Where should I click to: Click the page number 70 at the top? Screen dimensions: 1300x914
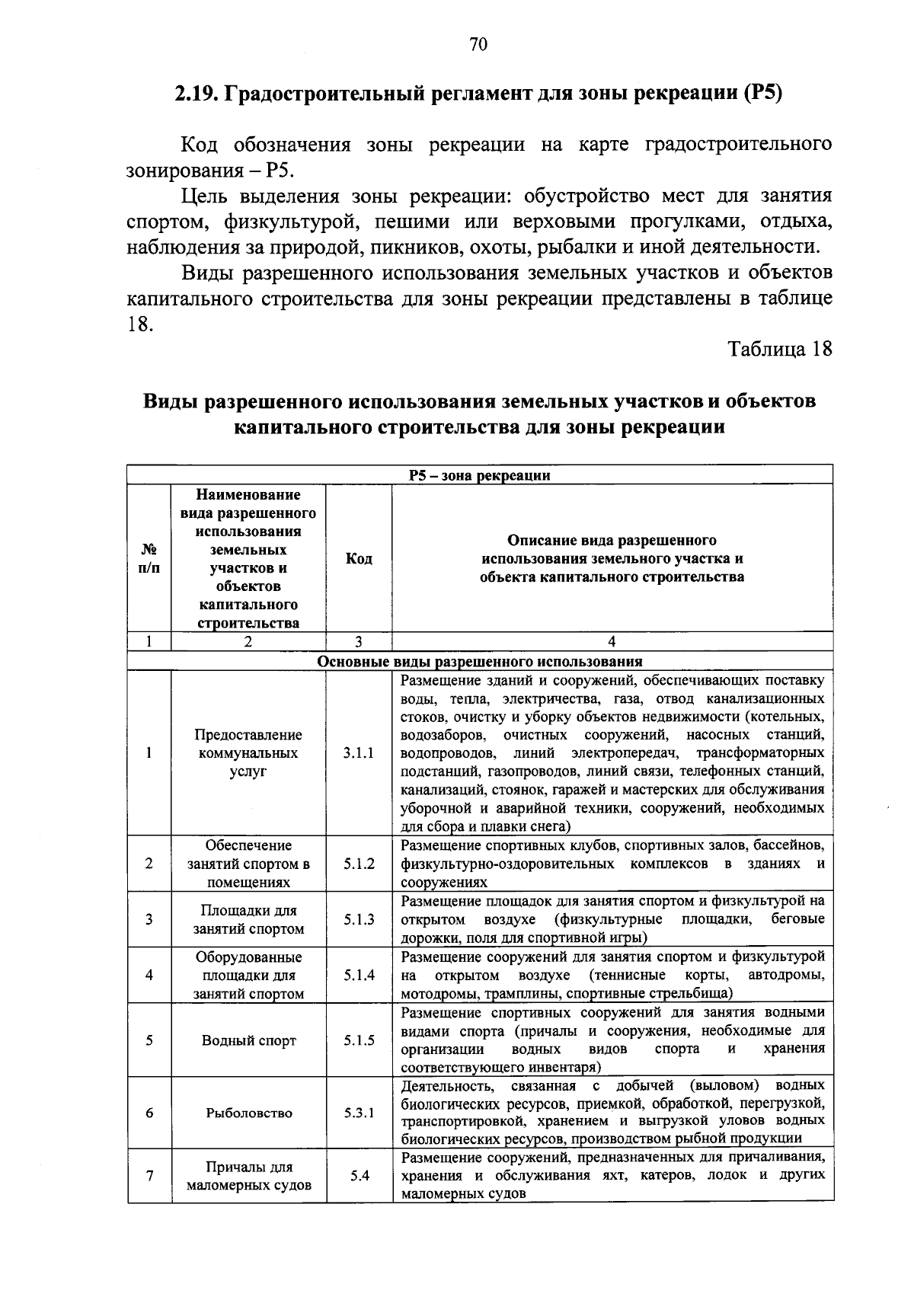pyautogui.click(x=478, y=45)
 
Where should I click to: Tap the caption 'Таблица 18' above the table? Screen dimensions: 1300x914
pyautogui.click(x=779, y=349)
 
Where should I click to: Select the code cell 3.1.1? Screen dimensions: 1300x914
pyautogui.click(x=359, y=753)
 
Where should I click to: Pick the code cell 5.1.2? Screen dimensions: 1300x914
pyautogui.click(x=359, y=864)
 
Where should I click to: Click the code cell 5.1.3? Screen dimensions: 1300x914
pyautogui.click(x=359, y=919)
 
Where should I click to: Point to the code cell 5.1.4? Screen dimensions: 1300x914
pyautogui.click(x=359, y=975)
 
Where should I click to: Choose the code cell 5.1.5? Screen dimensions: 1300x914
pyautogui.click(x=359, y=1040)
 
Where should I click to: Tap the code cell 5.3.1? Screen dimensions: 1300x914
pyautogui.click(x=359, y=1113)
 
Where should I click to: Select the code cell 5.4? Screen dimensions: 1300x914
pyautogui.click(x=360, y=1175)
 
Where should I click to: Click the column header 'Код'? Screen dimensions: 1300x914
pyautogui.click(x=359, y=559)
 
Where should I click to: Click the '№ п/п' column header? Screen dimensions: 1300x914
pyautogui.click(x=149, y=559)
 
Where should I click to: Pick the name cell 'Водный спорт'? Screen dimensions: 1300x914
pyautogui.click(x=248, y=1040)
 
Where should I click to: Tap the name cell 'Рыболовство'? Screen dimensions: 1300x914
pyautogui.click(x=248, y=1113)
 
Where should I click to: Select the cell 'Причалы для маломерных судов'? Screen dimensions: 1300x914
pyautogui.click(x=248, y=1176)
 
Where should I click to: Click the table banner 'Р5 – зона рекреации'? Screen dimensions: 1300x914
pyautogui.click(x=479, y=476)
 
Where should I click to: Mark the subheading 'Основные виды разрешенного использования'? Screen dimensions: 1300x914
pyautogui.click(x=479, y=662)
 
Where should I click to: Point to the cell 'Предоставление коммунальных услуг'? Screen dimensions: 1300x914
pyautogui.click(x=248, y=753)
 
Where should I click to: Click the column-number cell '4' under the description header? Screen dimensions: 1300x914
pyautogui.click(x=612, y=642)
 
